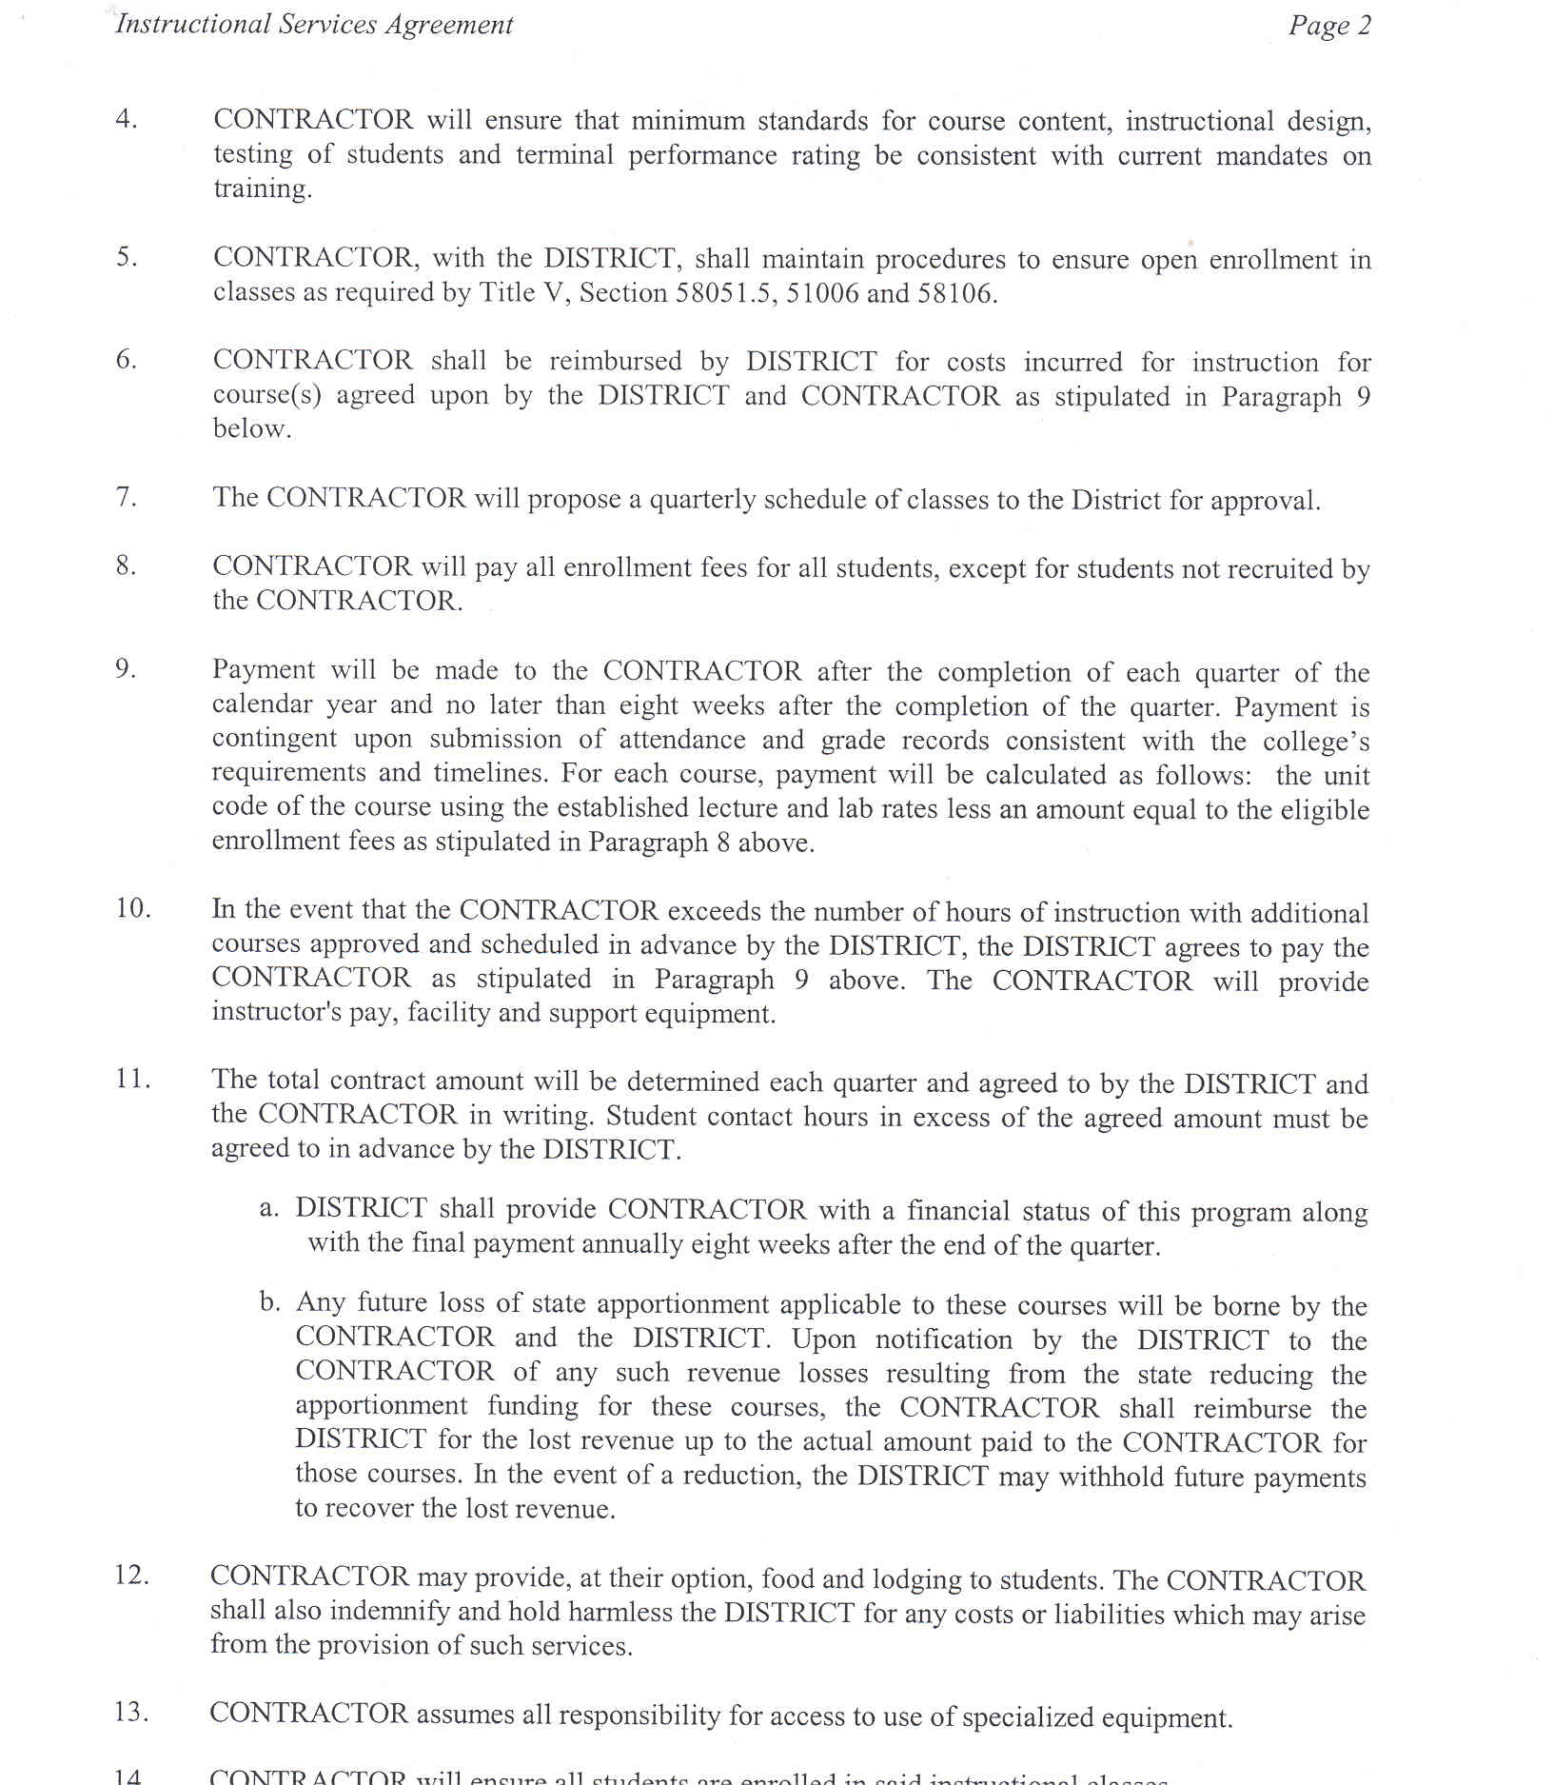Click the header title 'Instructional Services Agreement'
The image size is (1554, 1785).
314,25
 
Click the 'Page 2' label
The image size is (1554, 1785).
1329,26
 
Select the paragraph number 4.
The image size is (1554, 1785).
126,119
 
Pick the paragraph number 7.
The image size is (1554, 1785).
126,497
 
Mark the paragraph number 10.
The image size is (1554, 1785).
133,908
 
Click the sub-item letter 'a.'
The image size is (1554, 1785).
268,1209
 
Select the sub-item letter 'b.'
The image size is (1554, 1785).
269,1302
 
